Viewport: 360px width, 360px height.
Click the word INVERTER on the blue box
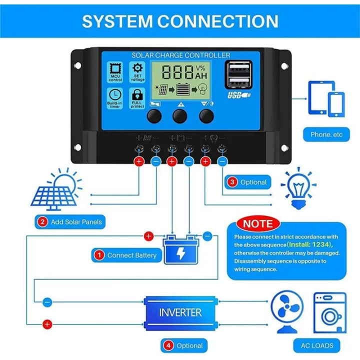pyautogui.click(x=180, y=313)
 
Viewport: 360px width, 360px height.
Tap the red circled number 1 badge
pyautogui.click(x=99, y=255)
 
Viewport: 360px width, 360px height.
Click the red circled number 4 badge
pyautogui.click(x=168, y=345)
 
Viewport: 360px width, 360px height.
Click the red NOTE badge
pyautogui.click(x=258, y=223)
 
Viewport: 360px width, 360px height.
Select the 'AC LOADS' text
pyautogui.click(x=317, y=345)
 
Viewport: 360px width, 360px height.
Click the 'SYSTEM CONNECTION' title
pyautogui.click(x=180, y=21)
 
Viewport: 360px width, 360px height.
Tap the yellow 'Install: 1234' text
pyautogui.click(x=309, y=244)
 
